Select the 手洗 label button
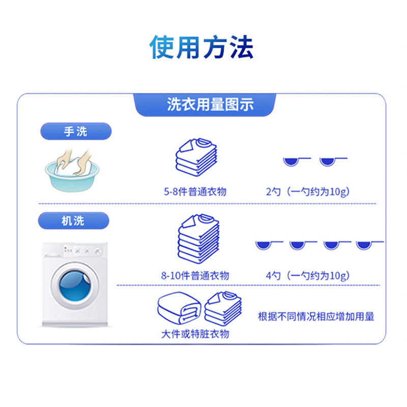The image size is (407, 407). (x=75, y=132)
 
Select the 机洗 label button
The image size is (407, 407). (x=74, y=221)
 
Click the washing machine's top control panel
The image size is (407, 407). (x=76, y=251)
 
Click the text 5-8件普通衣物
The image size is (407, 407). (x=195, y=192)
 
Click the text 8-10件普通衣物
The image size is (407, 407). (x=195, y=276)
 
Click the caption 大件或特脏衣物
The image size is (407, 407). (x=195, y=334)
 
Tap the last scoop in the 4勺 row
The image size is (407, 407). (x=364, y=244)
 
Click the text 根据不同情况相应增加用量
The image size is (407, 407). (x=316, y=316)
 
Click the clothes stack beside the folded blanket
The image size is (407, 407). (x=223, y=308)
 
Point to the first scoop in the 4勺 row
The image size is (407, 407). (x=263, y=244)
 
